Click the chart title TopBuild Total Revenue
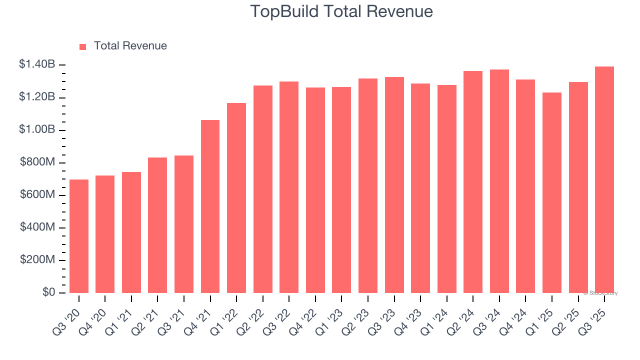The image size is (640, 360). coord(341,11)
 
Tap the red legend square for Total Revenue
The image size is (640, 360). coord(83,46)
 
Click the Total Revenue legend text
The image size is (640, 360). coord(130,46)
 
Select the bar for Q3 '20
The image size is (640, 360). coord(79,236)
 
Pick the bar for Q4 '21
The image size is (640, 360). coord(210,206)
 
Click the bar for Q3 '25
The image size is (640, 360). coord(604,180)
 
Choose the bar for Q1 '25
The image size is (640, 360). coord(552,192)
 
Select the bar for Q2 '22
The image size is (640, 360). coord(263,189)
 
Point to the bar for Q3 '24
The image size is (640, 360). coord(499,181)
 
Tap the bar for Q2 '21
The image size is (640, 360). coord(157,225)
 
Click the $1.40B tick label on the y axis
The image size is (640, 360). coord(37,64)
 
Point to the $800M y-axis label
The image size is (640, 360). coord(37,162)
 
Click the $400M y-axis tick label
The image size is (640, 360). coord(37,227)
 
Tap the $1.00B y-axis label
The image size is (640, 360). coord(37,130)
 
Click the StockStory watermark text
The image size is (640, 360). coord(600,293)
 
